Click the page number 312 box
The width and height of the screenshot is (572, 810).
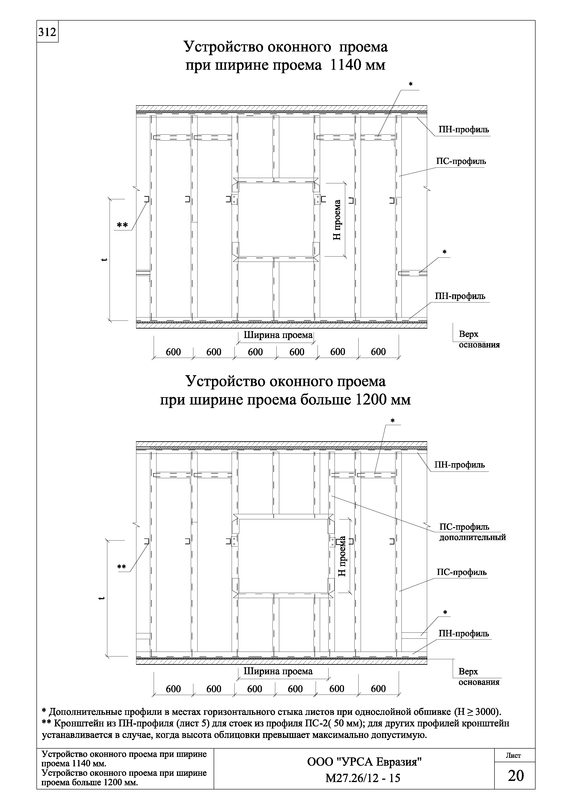pyautogui.click(x=47, y=32)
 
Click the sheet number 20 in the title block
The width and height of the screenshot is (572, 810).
pyautogui.click(x=516, y=776)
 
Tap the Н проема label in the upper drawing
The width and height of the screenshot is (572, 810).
pyautogui.click(x=338, y=220)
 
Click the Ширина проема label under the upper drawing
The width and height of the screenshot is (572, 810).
pyautogui.click(x=278, y=335)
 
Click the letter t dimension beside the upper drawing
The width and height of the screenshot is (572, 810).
pyautogui.click(x=103, y=260)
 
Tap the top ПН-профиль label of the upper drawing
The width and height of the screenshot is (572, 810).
pyautogui.click(x=464, y=130)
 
